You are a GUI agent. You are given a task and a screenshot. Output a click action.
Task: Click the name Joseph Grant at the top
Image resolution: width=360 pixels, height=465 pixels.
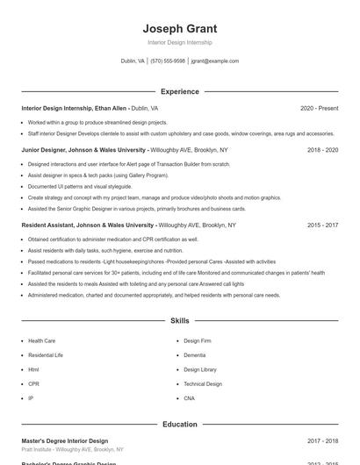pos(179,28)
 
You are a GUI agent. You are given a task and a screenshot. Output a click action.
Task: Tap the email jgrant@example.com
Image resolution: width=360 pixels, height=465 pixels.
pos(214,61)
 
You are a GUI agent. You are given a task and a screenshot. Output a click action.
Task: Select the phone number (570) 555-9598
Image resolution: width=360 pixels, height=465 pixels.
pos(168,61)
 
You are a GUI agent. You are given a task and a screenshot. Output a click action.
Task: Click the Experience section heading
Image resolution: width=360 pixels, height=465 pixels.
pos(179,91)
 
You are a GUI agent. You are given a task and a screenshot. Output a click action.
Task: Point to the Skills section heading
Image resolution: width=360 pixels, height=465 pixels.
pos(179,322)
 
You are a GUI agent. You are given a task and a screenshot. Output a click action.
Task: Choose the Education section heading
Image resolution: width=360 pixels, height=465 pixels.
pos(179,425)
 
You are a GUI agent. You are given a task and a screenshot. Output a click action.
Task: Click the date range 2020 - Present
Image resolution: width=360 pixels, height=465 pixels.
pos(319,108)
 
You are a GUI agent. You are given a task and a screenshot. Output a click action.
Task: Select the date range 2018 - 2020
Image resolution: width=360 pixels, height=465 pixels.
pos(322,150)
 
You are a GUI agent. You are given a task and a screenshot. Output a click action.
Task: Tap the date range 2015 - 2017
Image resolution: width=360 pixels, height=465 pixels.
pos(322,225)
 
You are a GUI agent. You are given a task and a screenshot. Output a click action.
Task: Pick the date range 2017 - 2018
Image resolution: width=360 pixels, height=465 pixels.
pos(322,441)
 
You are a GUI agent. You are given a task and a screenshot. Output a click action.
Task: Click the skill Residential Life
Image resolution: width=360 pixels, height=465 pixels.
pos(46,355)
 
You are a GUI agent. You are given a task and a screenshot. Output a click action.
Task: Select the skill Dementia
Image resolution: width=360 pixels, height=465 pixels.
pos(194,355)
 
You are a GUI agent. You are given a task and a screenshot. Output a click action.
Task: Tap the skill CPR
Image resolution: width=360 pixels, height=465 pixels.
pos(33,384)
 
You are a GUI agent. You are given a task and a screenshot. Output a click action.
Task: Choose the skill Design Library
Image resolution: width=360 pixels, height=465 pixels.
pos(200,369)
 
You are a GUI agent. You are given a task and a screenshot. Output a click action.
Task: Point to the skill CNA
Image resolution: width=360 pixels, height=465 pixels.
pos(190,398)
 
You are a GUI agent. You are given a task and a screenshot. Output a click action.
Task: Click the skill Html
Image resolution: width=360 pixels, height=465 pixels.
pos(33,369)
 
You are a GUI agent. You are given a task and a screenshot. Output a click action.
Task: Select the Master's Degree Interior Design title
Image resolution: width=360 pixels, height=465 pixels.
pos(65,441)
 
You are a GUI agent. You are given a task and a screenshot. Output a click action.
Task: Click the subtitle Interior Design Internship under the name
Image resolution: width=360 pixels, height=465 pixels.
pos(179,42)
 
